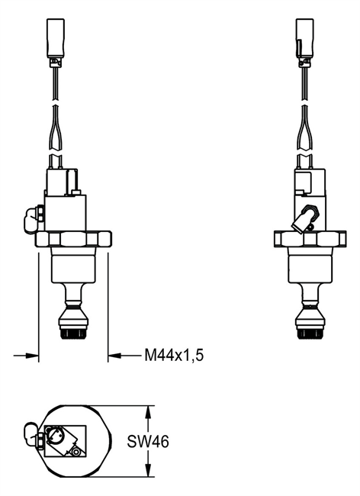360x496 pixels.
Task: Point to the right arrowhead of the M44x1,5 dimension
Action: click(114, 354)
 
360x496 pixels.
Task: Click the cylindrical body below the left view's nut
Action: click(73, 267)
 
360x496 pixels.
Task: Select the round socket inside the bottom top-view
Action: click(58, 437)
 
